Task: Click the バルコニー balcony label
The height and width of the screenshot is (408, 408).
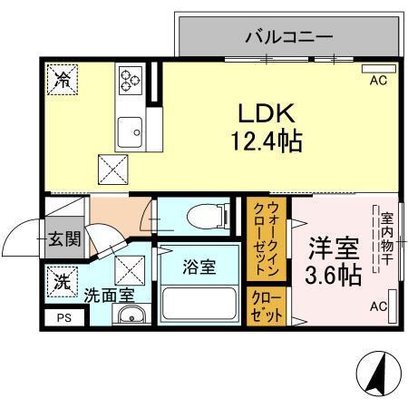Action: pos(289,37)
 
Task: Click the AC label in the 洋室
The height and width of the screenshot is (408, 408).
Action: pos(377,307)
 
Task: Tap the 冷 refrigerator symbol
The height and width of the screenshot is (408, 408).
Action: pos(62,80)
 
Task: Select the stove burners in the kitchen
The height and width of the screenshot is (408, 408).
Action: pos(128,79)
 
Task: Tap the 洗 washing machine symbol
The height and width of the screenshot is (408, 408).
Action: pos(62,282)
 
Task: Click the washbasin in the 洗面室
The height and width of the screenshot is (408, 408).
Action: pos(131,316)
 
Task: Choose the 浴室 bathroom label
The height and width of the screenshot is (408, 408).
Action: pos(199,267)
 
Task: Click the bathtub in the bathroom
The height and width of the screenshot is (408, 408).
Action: pos(199,303)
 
